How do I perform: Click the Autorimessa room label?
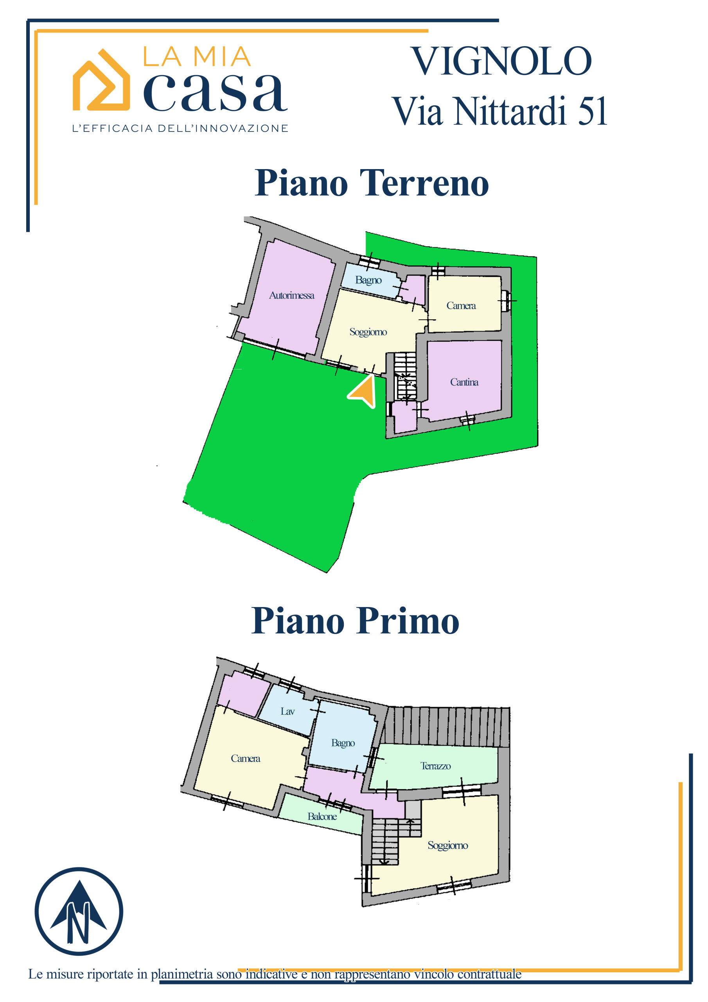click(x=291, y=296)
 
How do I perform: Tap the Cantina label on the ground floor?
click(x=464, y=382)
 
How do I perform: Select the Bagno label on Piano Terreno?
click(x=368, y=280)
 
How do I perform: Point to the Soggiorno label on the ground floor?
click(x=368, y=332)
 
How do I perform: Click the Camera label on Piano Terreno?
click(x=461, y=305)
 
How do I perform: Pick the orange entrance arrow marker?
click(x=363, y=391)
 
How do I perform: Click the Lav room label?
click(x=288, y=711)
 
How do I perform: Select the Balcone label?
click(x=322, y=816)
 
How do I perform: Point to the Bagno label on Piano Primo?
click(x=343, y=743)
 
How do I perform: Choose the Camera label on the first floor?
click(x=246, y=759)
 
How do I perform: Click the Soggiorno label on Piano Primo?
click(x=447, y=845)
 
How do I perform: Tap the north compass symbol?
click(x=79, y=911)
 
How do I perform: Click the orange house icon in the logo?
click(x=101, y=79)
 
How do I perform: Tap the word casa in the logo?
click(x=216, y=92)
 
